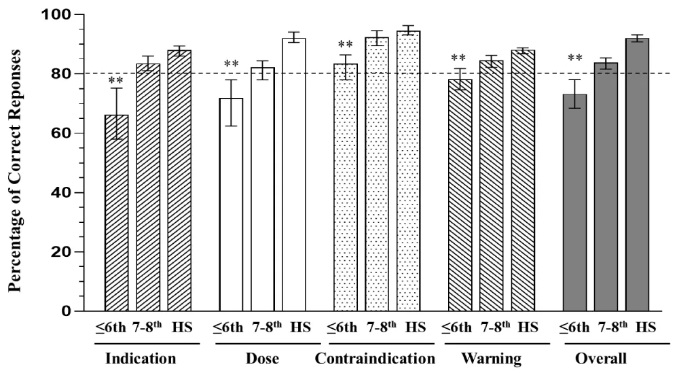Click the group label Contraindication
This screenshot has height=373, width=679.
(x=375, y=358)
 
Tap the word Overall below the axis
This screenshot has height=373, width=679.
(x=600, y=358)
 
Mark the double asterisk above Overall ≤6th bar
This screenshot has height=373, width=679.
(x=574, y=58)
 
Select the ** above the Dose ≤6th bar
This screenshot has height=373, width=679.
(x=232, y=65)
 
